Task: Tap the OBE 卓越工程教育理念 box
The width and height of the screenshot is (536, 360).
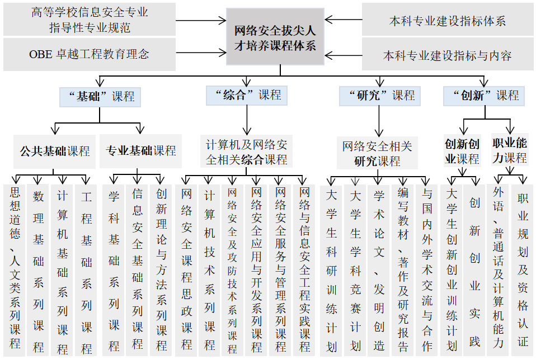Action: coord(89,54)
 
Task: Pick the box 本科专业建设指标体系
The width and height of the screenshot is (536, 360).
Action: coord(447,21)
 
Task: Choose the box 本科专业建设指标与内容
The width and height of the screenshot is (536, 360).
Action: coord(447,55)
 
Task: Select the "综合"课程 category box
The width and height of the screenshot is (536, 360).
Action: coord(247,95)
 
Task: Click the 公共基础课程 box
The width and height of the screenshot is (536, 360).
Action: coord(55,151)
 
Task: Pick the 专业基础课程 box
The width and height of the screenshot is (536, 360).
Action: coord(140,151)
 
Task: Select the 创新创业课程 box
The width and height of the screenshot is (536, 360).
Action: coord(462,151)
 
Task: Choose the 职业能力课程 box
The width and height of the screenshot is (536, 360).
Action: coord(509,151)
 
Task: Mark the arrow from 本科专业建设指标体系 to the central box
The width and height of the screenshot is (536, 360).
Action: coord(342,20)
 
